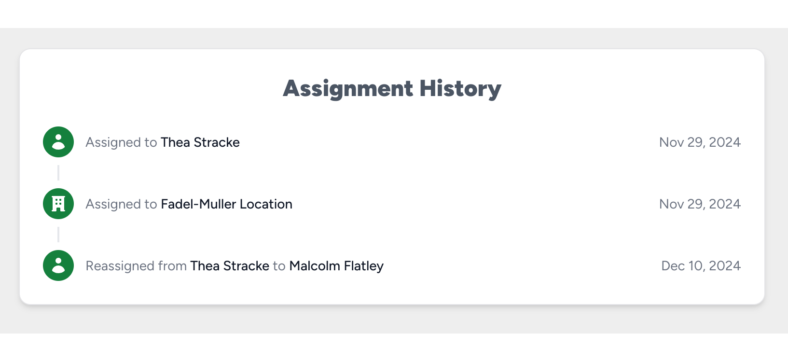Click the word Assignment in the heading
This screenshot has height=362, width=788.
(347, 89)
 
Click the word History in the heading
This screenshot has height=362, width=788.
(460, 89)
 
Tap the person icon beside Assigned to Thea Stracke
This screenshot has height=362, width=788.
(58, 142)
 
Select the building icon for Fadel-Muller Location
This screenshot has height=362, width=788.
(58, 204)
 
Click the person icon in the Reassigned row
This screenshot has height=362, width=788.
(58, 265)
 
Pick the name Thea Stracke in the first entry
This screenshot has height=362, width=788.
(200, 142)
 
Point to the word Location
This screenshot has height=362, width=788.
(266, 204)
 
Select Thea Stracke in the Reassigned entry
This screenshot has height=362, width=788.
(230, 266)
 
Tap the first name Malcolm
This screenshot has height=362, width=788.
(315, 266)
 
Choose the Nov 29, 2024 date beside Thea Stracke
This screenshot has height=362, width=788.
(700, 142)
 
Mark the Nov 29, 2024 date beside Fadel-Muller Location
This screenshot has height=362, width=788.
(700, 204)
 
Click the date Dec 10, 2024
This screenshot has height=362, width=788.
(701, 266)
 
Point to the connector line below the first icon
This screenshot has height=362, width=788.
(58, 173)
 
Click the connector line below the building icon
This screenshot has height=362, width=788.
(58, 235)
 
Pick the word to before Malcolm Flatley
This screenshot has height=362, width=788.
(279, 266)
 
